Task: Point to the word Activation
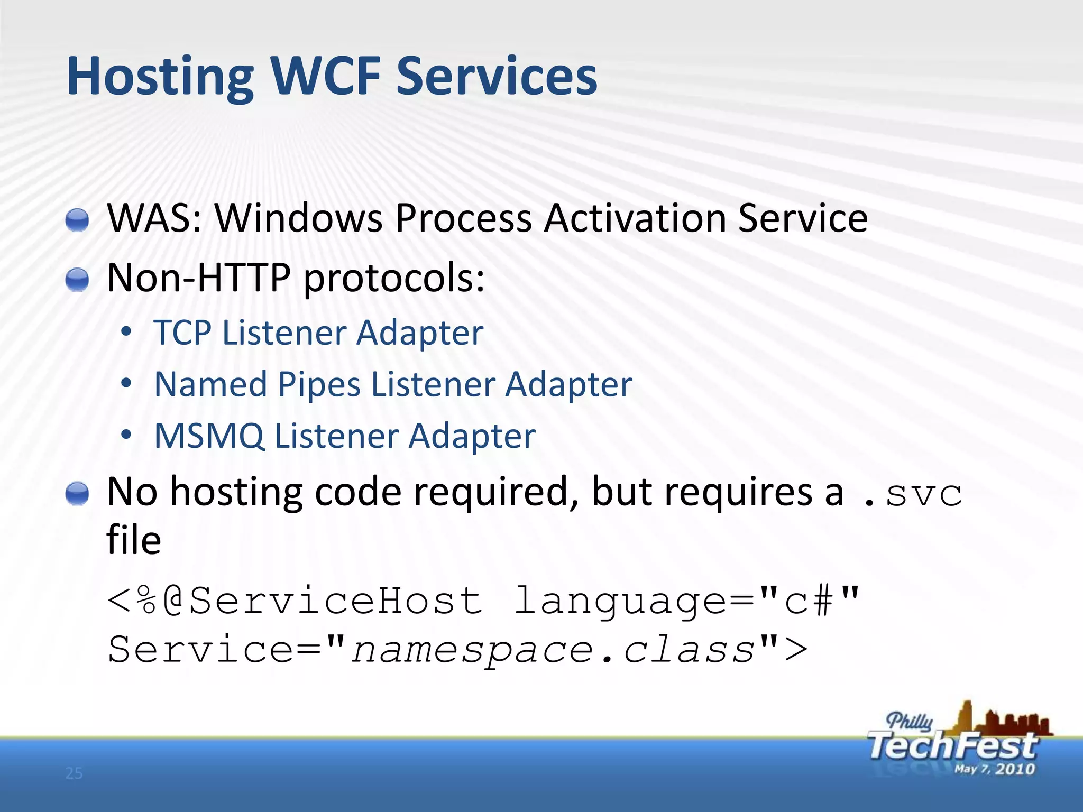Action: [x=635, y=218]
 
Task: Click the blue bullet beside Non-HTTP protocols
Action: [x=77, y=279]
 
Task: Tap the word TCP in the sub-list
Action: [x=182, y=333]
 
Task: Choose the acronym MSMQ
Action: [x=209, y=436]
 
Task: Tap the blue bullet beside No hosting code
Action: [x=77, y=494]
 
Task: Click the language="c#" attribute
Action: [x=687, y=601]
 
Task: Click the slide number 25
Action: [x=74, y=773]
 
